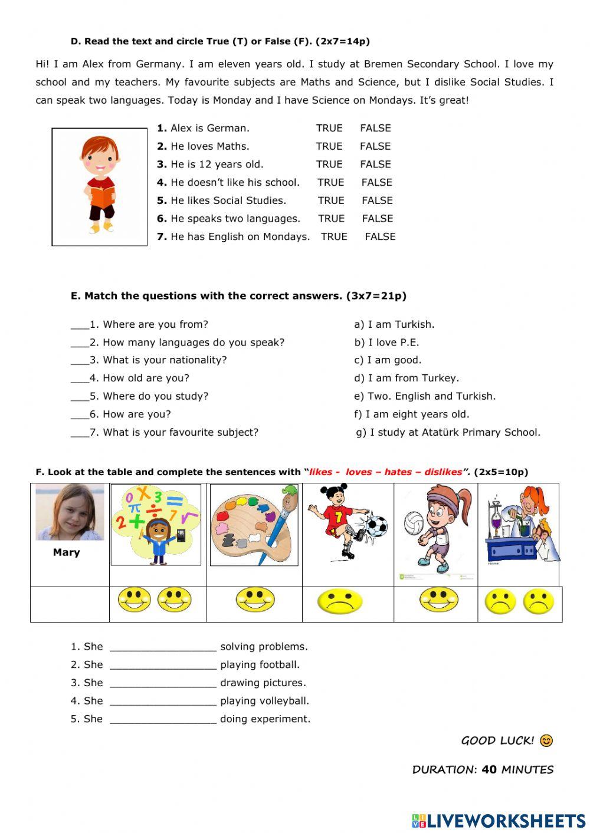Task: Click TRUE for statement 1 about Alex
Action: [329, 128]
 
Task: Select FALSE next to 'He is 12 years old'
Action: [375, 164]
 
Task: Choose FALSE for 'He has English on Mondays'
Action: [380, 236]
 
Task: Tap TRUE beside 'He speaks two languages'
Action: [331, 219]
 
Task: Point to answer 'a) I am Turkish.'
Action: [394, 324]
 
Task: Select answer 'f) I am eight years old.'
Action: [411, 414]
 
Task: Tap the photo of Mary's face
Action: [70, 512]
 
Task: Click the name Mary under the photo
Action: [66, 552]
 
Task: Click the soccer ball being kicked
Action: [376, 525]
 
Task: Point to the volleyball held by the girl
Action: [414, 522]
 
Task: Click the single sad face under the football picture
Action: [340, 602]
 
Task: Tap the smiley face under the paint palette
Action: [255, 600]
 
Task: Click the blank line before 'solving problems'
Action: [163, 648]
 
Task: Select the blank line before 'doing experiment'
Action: [163, 720]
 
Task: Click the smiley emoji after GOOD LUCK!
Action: [546, 740]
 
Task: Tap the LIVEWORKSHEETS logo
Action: [499, 821]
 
